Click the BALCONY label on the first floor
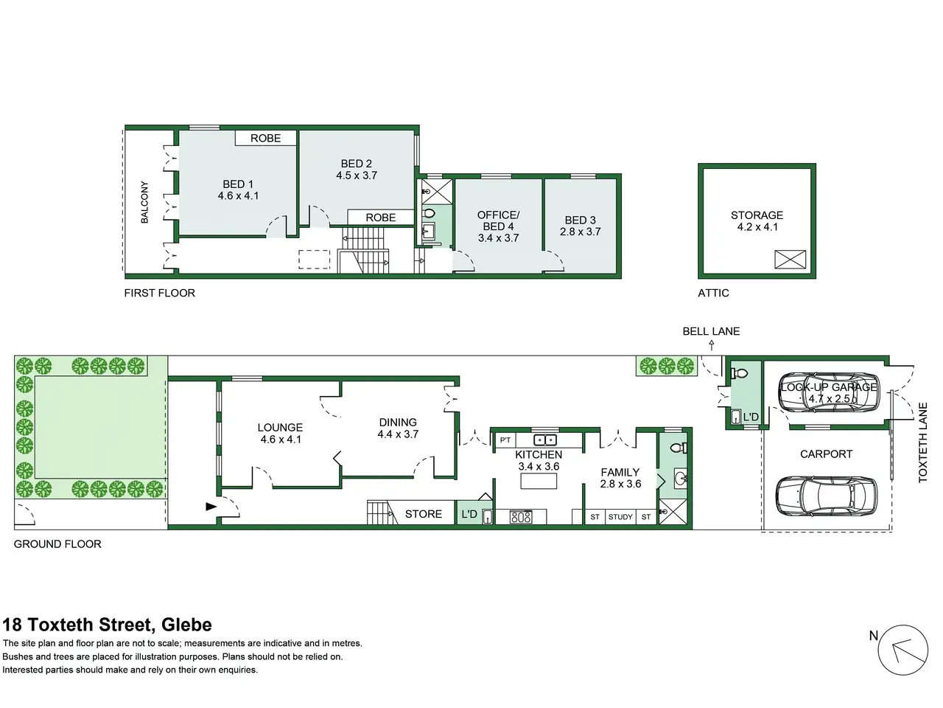tap(144, 201)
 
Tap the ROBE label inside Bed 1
tap(265, 138)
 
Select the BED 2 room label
tap(356, 163)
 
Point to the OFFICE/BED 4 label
tap(498, 221)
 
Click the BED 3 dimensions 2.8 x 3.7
tap(580, 232)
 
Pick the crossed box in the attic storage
tap(790, 259)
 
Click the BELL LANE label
tap(711, 331)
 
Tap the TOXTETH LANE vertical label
tap(923, 442)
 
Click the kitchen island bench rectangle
tap(539, 481)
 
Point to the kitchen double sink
tap(544, 440)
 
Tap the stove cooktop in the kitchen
tap(521, 517)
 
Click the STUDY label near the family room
tap(620, 517)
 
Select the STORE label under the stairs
tap(423, 514)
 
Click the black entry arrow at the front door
tap(211, 507)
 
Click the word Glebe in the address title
tap(186, 625)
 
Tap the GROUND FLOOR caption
tap(57, 544)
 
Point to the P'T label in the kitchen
tap(505, 440)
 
